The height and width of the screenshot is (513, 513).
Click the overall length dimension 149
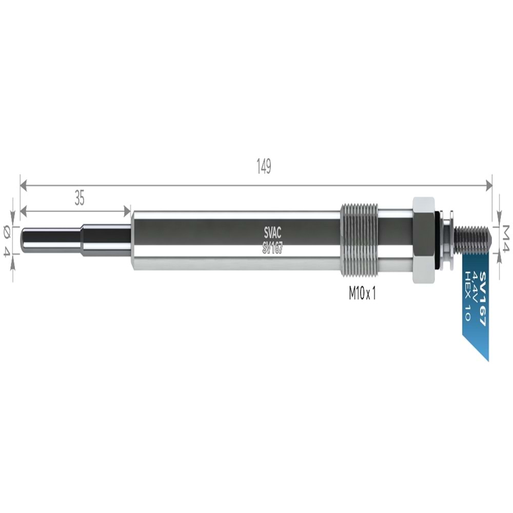point(263,168)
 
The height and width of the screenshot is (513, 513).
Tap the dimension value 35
point(79,198)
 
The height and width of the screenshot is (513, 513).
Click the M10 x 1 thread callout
point(362,294)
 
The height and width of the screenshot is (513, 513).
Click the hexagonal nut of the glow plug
point(423,239)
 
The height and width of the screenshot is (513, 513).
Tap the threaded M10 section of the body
point(359,239)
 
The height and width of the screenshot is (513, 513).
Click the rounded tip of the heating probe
point(24,240)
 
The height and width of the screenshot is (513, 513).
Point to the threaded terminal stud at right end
point(471,239)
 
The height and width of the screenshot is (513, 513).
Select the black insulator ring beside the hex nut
point(438,239)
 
